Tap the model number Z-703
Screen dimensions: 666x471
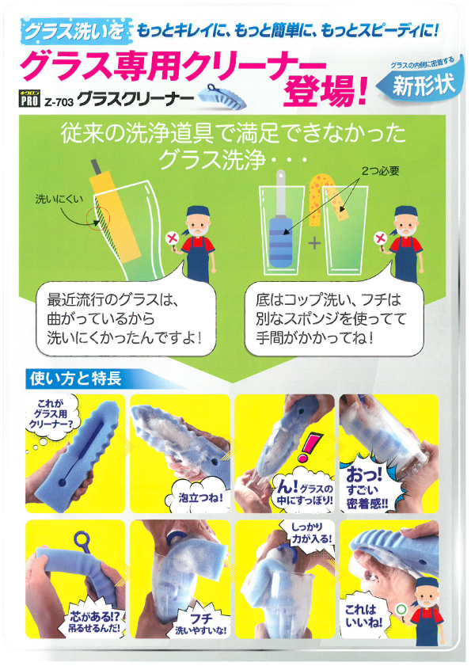click(x=61, y=101)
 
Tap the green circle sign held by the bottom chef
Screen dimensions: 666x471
click(x=401, y=609)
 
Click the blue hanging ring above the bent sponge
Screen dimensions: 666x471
click(x=82, y=541)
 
